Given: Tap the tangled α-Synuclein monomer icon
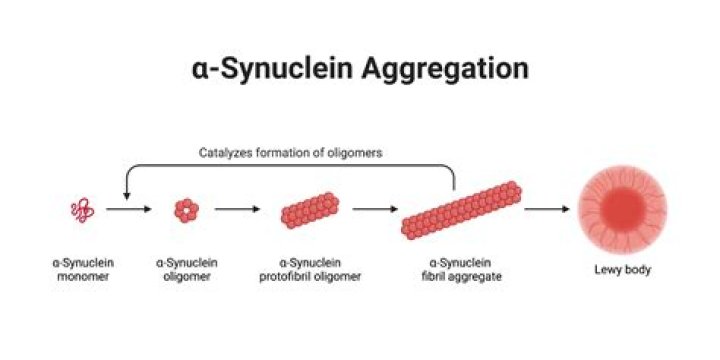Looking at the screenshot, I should (83, 210).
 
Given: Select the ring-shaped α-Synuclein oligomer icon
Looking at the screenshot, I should (185, 210).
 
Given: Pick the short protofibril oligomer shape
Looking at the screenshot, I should (310, 210).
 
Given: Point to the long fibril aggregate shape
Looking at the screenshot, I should (461, 209).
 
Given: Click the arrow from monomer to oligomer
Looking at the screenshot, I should (127, 210).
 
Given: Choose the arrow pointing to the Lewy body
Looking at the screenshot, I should (547, 210).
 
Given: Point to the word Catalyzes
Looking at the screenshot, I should (224, 153).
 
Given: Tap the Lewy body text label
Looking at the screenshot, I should (622, 269).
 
